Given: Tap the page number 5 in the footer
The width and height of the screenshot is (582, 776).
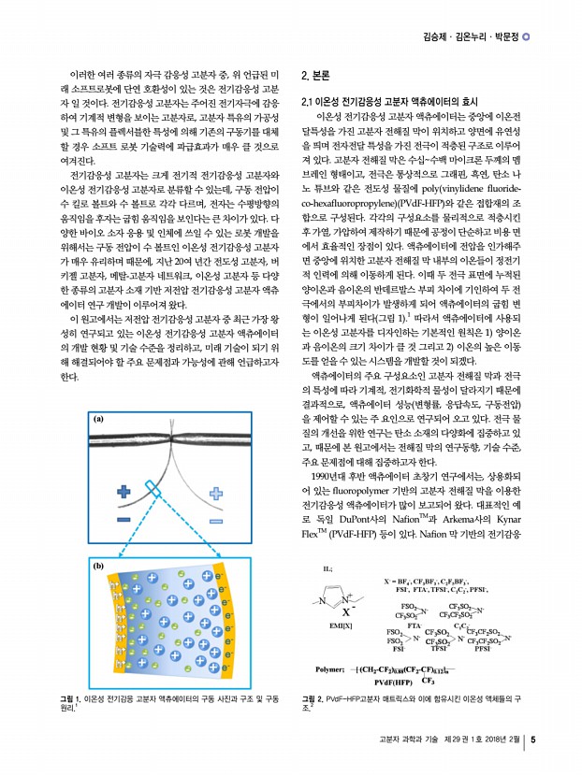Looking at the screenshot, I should click(x=532, y=742).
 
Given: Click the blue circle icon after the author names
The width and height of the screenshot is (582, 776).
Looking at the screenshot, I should click(x=527, y=37).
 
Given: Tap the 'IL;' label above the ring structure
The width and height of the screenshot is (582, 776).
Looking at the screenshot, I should click(x=327, y=568).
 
